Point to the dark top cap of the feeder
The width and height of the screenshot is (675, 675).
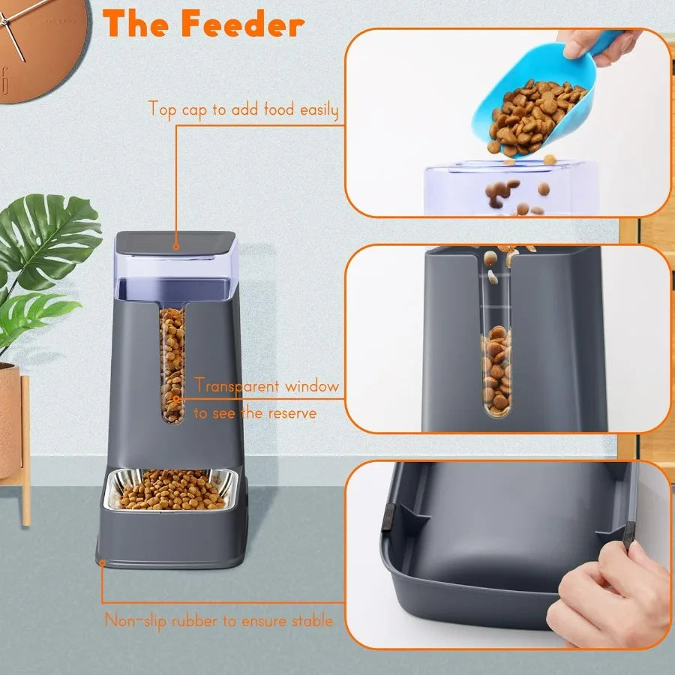[175, 241]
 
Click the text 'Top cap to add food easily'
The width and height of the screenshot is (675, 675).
[243, 109]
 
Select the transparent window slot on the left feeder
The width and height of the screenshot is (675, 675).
[172, 364]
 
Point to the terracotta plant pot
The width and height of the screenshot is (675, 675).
[9, 420]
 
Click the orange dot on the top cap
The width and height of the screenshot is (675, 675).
[175, 244]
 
